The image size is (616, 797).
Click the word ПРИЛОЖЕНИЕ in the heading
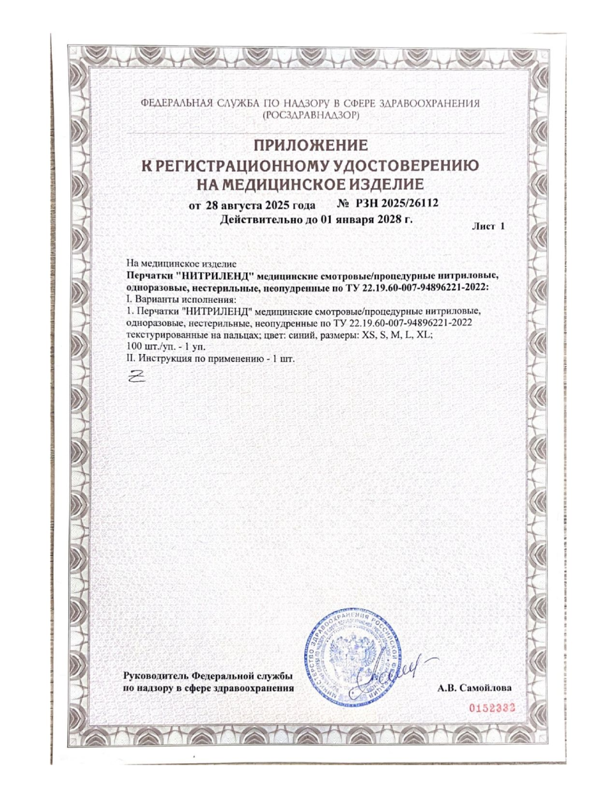(308, 145)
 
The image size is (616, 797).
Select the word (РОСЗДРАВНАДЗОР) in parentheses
(308, 115)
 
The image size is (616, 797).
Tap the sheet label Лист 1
(488, 226)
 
